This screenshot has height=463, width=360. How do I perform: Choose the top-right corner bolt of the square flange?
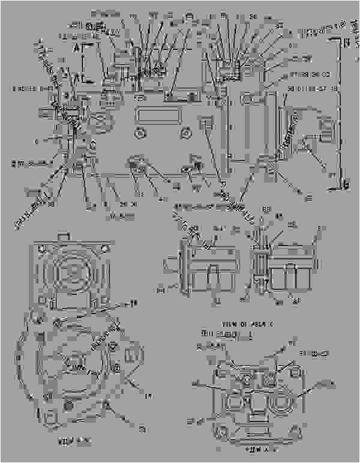point(105,248)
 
